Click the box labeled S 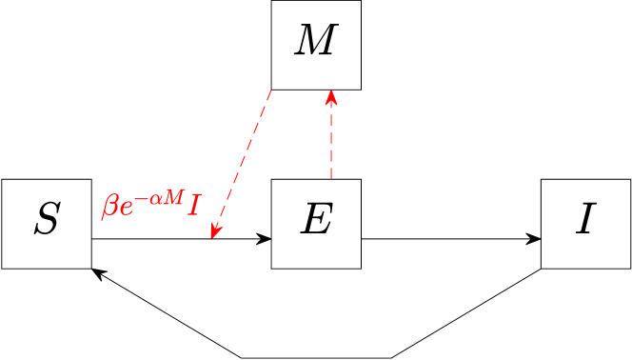(46, 223)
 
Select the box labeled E (315, 223)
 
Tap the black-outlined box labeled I (585, 223)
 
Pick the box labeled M (315, 45)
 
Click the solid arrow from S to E (152, 238)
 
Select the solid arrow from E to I (447, 238)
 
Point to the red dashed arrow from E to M (330, 138)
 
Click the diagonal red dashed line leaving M (243, 162)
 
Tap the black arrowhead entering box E (266, 238)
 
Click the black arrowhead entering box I (535, 238)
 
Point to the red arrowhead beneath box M (330, 96)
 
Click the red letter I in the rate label (193, 206)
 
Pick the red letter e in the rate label (126, 209)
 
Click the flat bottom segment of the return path (317, 358)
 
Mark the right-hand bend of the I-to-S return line (392, 358)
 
